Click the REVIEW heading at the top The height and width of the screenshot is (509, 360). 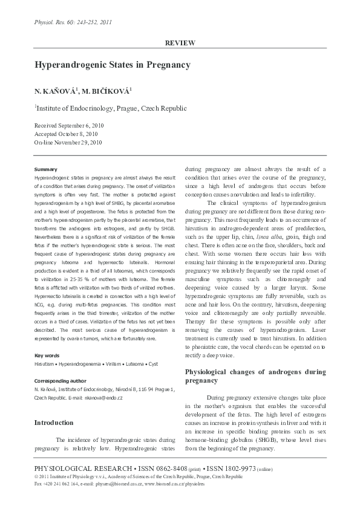pyautogui.click(x=180, y=43)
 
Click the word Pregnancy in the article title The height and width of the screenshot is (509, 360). pyautogui.click(x=168, y=65)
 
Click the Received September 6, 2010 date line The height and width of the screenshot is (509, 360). pyautogui.click(x=69, y=125)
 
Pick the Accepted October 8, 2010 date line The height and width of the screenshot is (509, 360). pyautogui.click(x=65, y=134)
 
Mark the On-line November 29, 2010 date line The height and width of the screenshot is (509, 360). pyautogui.click(x=68, y=142)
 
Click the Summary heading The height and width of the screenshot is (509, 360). pyautogui.click(x=46, y=169)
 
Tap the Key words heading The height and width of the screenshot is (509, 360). pyautogui.click(x=47, y=355)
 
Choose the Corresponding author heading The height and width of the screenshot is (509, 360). pyautogui.click(x=60, y=381)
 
